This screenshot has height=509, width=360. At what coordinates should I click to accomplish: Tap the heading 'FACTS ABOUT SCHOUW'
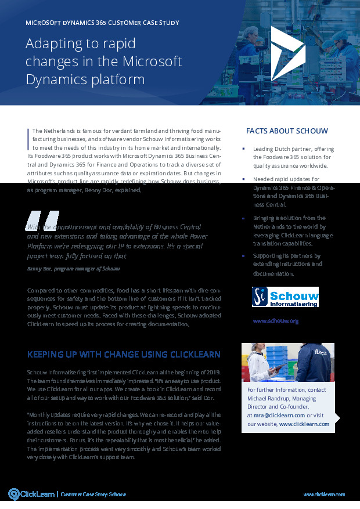pyautogui.click(x=287, y=131)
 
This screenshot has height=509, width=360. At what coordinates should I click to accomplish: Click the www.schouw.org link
pyautogui.click(x=276, y=320)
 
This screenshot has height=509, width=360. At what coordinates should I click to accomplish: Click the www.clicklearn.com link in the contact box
pyautogui.click(x=304, y=424)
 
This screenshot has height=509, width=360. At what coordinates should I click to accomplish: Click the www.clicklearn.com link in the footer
pyautogui.click(x=324, y=494)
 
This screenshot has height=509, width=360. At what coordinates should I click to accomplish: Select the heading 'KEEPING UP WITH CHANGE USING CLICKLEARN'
pyautogui.click(x=124, y=355)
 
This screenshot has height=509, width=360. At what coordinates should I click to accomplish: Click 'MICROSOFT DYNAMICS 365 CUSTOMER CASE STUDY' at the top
pyautogui.click(x=103, y=23)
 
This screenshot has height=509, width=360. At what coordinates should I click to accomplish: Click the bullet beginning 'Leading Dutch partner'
pyautogui.click(x=292, y=157)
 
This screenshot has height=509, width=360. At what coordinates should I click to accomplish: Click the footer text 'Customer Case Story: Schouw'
pyautogui.click(x=93, y=494)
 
